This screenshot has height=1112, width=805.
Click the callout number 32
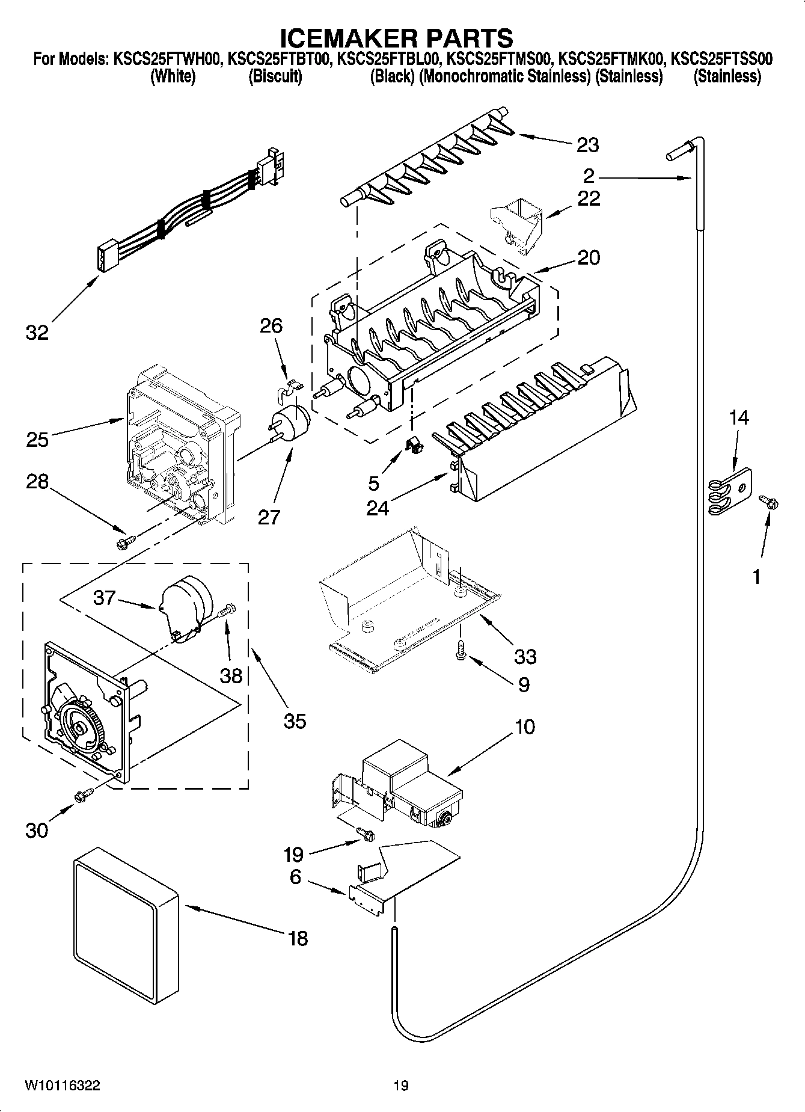click(x=37, y=332)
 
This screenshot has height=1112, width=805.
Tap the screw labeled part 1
click(x=769, y=502)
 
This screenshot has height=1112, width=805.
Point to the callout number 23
click(x=587, y=145)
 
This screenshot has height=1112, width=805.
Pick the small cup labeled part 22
click(x=516, y=225)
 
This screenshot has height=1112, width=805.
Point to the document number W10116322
click(x=63, y=1085)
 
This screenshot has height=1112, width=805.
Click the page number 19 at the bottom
click(x=401, y=1085)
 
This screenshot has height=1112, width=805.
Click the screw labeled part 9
click(x=461, y=651)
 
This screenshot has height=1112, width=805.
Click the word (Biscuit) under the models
click(x=275, y=76)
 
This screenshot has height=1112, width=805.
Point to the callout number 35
click(x=295, y=720)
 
